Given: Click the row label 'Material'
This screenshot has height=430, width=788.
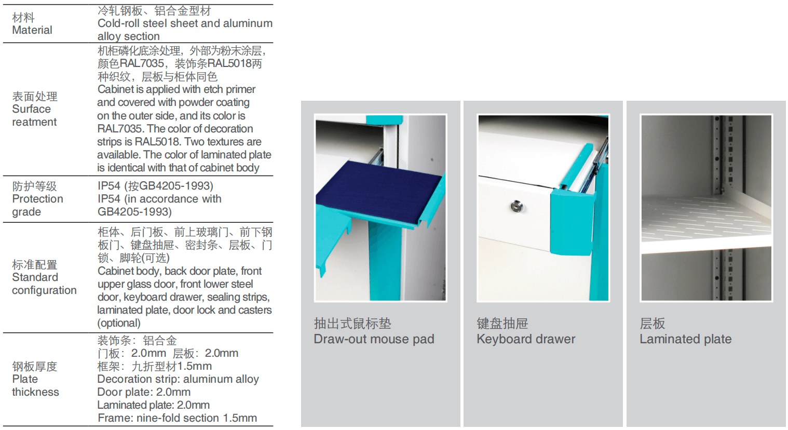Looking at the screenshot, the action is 32,30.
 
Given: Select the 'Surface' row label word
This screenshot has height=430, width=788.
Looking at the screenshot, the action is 31,109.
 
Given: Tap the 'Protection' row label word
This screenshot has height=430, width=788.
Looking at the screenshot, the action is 38,199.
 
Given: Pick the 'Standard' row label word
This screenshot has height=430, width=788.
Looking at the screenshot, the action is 35,277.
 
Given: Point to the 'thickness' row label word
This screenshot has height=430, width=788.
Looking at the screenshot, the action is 35,392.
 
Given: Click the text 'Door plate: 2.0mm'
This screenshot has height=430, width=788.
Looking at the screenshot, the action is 144,392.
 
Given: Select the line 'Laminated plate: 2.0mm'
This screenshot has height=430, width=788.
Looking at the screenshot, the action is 153,405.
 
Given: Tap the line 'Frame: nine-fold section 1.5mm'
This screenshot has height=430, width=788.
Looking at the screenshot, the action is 178,418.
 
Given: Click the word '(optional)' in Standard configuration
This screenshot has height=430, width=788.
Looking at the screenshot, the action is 119,323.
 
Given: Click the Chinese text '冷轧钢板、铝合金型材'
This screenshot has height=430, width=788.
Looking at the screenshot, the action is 155,11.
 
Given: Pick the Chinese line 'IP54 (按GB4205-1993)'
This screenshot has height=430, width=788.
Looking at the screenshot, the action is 156,186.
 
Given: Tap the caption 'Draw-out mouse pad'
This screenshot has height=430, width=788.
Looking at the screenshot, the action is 374,339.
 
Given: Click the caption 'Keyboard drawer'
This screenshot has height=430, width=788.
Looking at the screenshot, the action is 526,339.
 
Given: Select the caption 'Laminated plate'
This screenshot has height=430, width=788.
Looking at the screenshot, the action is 686,339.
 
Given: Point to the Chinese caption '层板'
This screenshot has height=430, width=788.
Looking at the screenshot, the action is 653,324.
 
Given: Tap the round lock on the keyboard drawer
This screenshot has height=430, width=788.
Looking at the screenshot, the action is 517,207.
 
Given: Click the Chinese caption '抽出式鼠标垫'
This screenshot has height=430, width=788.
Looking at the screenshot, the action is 352,324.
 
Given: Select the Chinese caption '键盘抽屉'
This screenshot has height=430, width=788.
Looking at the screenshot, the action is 502,324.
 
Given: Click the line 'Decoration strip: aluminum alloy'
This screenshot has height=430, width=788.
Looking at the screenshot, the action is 178,379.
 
